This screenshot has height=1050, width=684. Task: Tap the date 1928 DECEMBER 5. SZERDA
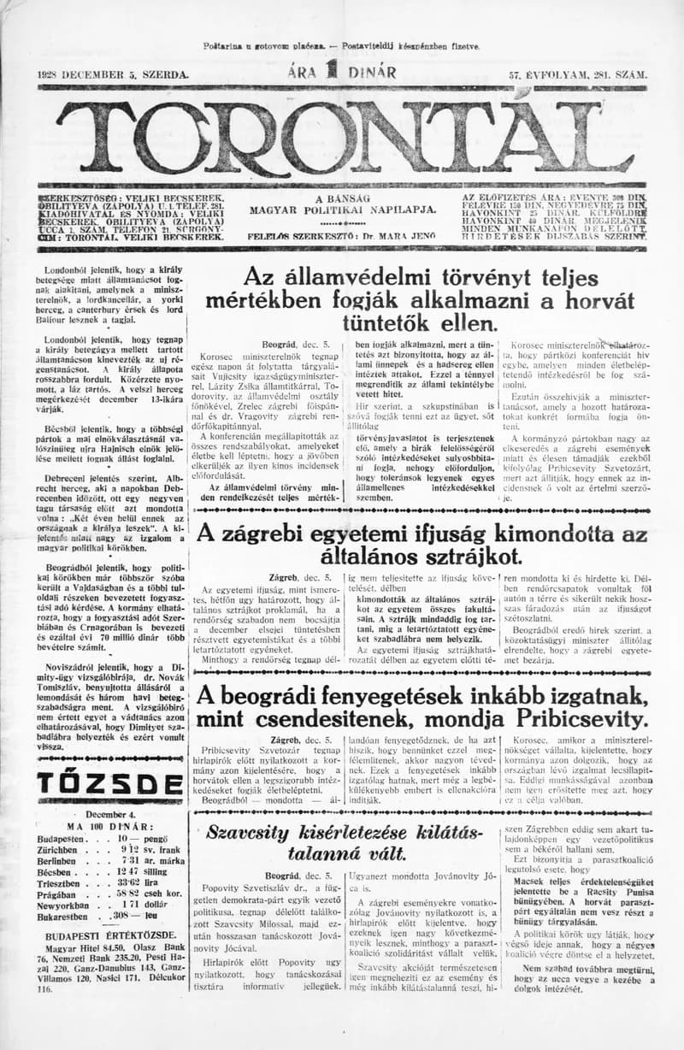[113, 74]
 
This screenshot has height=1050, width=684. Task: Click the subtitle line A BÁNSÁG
[342, 198]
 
